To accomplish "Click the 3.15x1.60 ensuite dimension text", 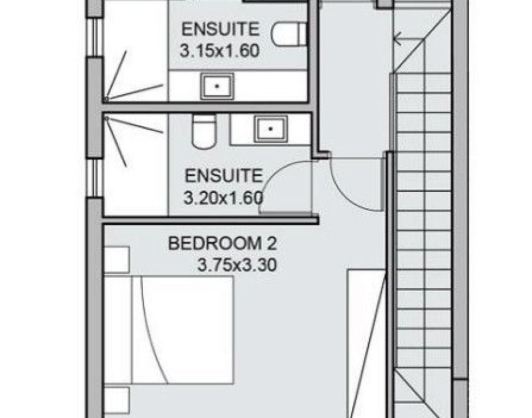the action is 220,51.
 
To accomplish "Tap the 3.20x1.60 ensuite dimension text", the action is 224,198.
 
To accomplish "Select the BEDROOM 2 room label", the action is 222,244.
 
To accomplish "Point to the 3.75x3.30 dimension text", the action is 237,265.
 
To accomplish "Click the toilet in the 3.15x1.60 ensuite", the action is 288,34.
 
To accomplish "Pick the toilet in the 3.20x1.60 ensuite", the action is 204,131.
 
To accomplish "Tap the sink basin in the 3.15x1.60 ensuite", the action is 217,86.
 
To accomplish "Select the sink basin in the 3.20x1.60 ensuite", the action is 271,129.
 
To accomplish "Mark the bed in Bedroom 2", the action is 169,330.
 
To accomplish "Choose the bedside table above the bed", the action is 117,260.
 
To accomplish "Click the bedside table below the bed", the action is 117,400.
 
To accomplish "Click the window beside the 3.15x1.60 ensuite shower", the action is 95,37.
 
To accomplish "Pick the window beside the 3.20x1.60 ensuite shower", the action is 95,178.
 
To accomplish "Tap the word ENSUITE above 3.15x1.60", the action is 221,29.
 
